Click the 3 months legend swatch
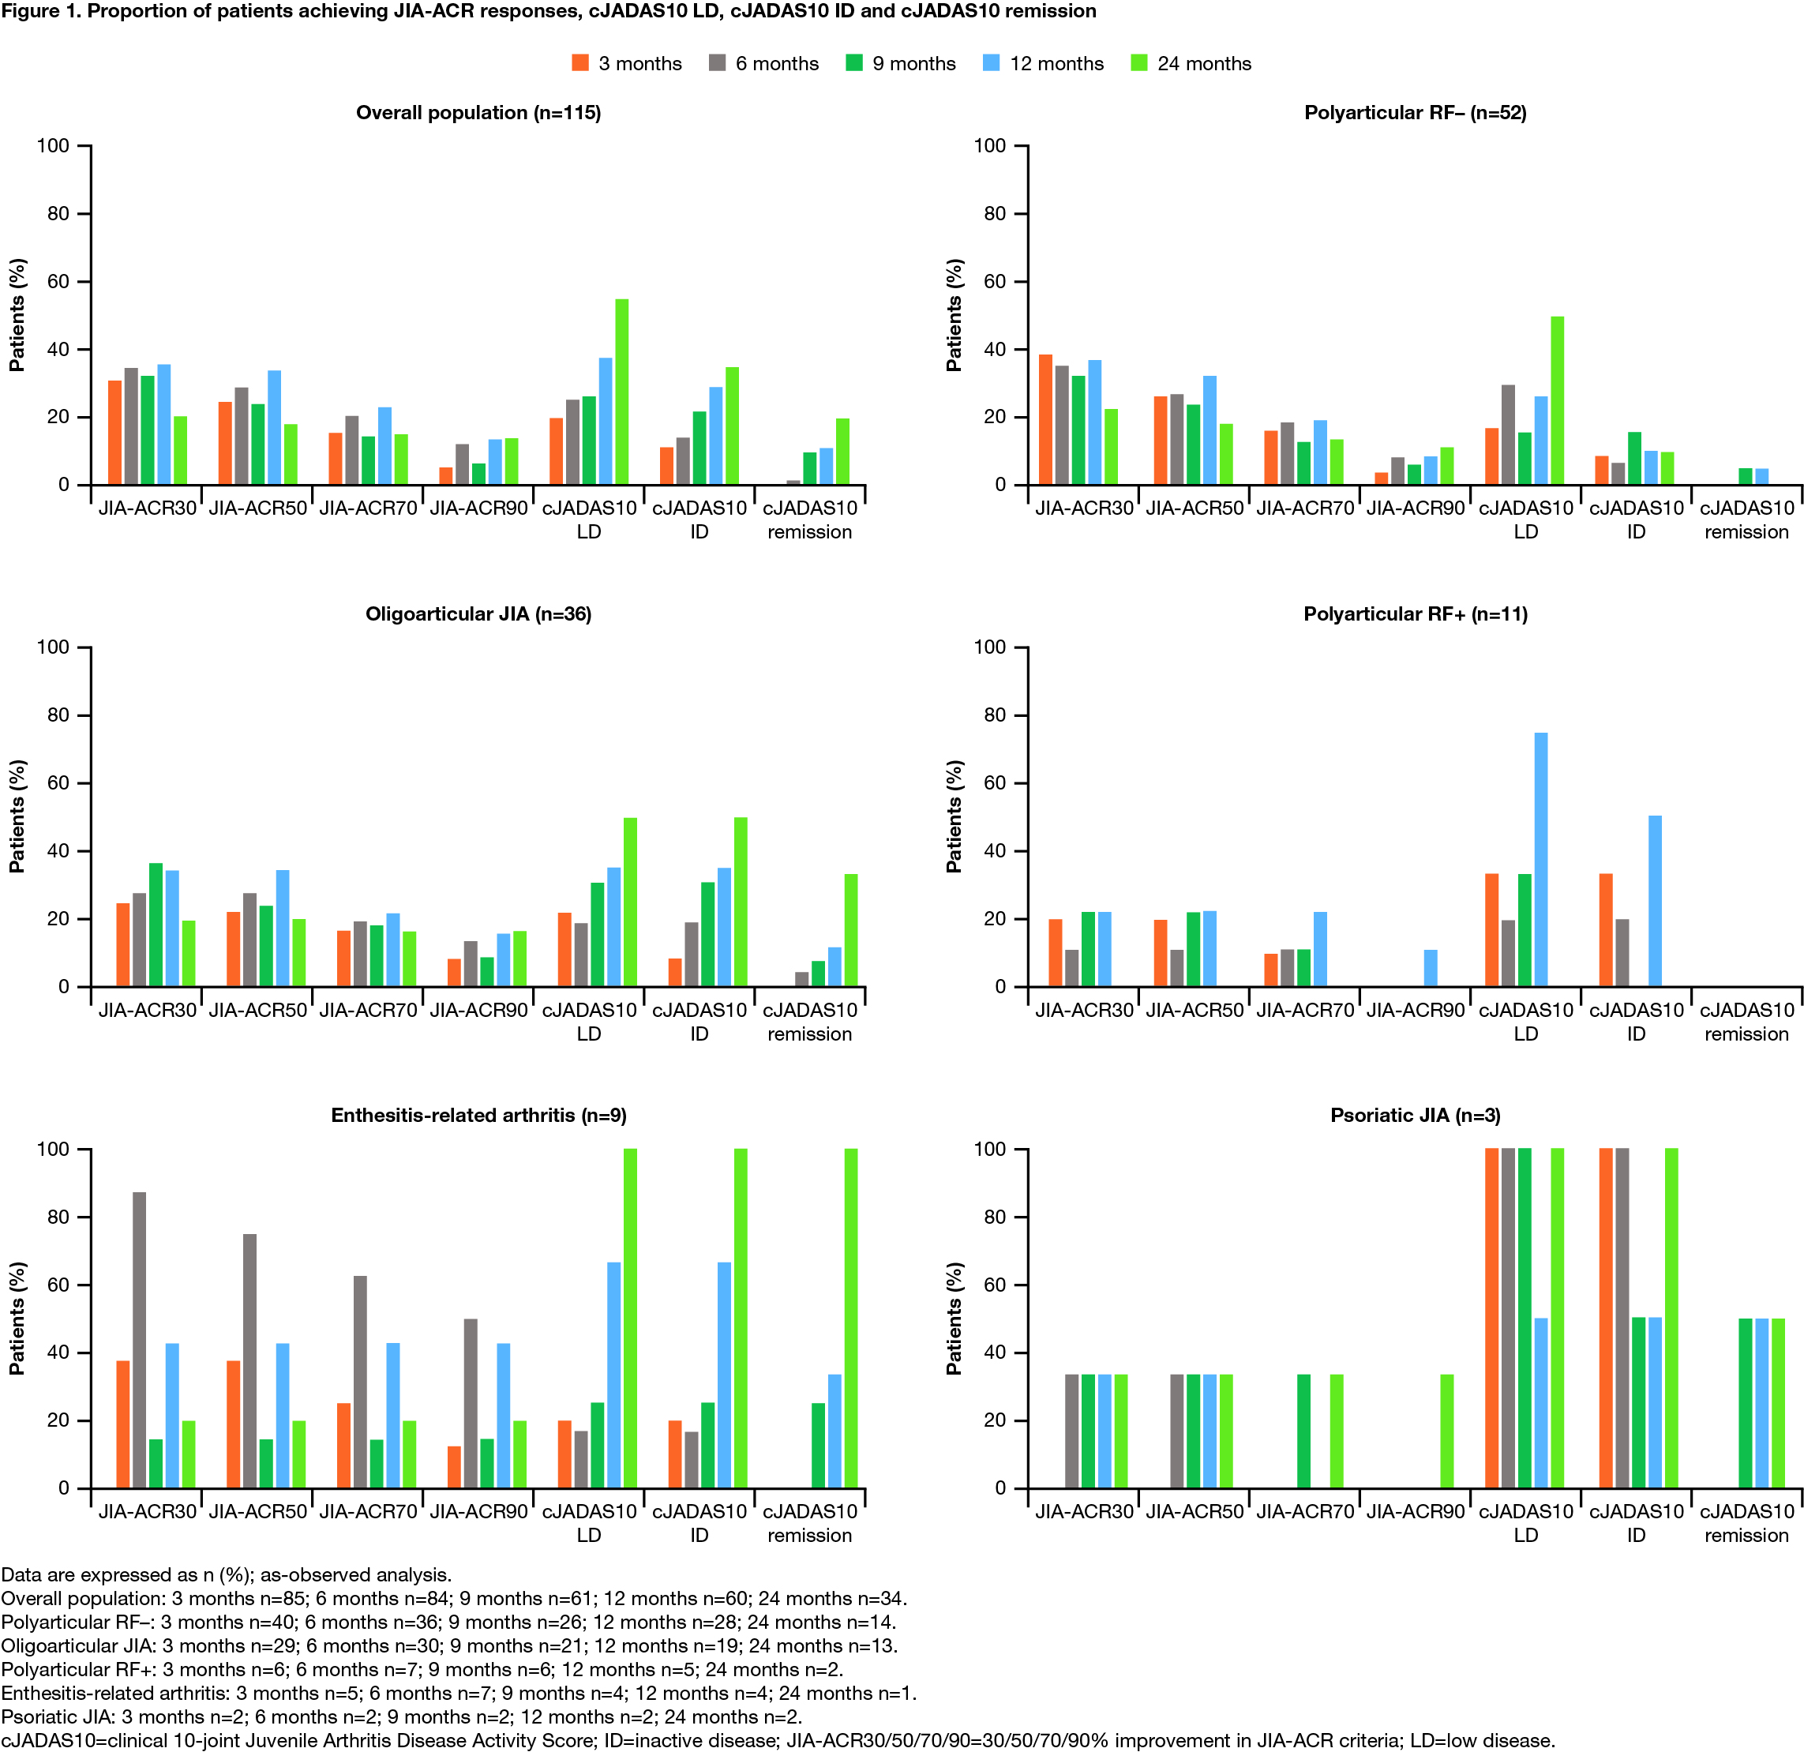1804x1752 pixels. (x=579, y=62)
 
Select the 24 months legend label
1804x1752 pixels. (x=1204, y=63)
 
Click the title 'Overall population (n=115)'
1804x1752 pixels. (x=478, y=112)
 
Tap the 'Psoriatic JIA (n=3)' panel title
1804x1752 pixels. (x=1415, y=1115)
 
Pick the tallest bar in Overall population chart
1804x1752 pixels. (x=622, y=392)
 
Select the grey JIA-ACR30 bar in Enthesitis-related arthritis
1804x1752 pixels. (x=139, y=1340)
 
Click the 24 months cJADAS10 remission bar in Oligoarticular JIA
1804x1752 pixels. (x=850, y=930)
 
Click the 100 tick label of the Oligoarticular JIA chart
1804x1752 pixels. (x=52, y=647)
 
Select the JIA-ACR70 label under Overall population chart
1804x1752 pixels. (x=368, y=508)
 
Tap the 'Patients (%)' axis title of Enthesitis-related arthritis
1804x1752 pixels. (x=17, y=1318)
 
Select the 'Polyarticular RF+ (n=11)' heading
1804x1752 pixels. (x=1415, y=614)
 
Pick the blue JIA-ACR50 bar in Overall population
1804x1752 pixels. (x=274, y=427)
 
